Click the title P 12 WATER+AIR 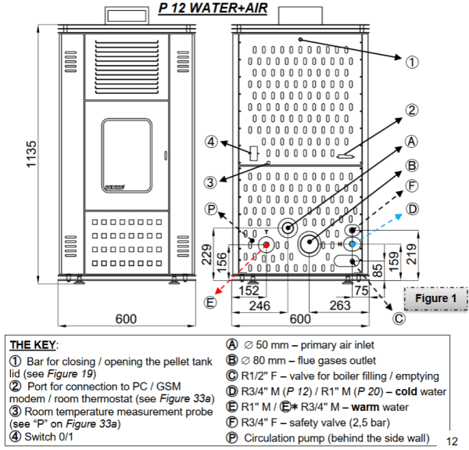click(x=213, y=8)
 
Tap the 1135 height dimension click(x=31, y=154)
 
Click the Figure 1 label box click(x=435, y=298)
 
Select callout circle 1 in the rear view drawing click(x=412, y=63)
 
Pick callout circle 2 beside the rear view click(x=412, y=110)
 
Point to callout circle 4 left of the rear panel click(x=211, y=142)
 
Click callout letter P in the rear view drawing click(x=211, y=209)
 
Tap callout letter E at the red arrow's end click(x=210, y=302)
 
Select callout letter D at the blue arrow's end click(x=412, y=209)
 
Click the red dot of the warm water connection click(x=267, y=245)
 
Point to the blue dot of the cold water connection click(x=353, y=244)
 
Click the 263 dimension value click(x=340, y=305)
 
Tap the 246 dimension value click(x=260, y=306)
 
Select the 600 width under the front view click(x=126, y=319)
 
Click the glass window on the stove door click(x=127, y=156)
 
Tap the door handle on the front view click(x=166, y=156)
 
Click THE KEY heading click(x=33, y=345)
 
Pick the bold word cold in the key click(x=406, y=391)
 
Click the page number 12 click(x=452, y=441)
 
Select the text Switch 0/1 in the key click(x=48, y=437)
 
